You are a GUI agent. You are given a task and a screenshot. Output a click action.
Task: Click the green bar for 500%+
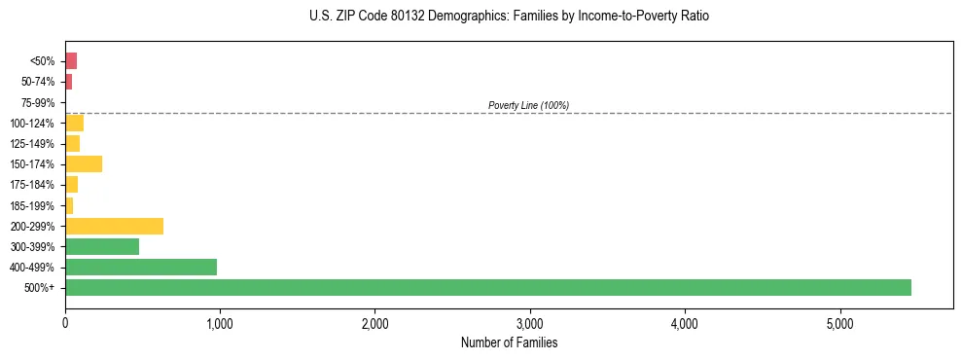point(487,287)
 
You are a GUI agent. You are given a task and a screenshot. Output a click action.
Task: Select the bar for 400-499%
point(141,267)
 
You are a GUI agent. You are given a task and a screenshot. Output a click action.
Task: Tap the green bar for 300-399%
point(102,246)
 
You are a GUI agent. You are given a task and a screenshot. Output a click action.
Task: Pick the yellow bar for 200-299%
point(114,226)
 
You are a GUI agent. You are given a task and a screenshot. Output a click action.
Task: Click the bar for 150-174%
point(84,163)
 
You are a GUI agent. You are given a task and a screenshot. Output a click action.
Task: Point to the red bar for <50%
point(71,61)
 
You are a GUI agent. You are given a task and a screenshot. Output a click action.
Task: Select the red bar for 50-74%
point(69,82)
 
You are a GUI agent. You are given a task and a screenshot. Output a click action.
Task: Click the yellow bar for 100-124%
point(74,123)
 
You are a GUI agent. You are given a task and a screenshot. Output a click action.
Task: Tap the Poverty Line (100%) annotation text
point(528,105)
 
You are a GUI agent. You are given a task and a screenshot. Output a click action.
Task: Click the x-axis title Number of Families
point(509,342)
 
